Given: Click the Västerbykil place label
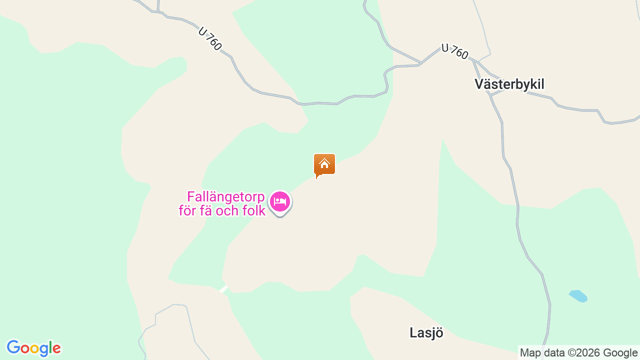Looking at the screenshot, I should [x=509, y=84].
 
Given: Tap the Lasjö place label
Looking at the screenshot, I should [x=426, y=333].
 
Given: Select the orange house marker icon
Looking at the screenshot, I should [x=324, y=164].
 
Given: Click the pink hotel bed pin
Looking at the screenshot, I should [x=280, y=202].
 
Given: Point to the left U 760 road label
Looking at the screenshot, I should [x=210, y=38].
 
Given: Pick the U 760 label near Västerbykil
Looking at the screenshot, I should [x=455, y=51].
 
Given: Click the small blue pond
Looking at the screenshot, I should [x=578, y=295].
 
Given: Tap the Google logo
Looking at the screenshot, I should [x=33, y=348].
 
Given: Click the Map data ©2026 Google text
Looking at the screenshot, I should [x=578, y=352].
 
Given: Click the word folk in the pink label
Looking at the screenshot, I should [x=253, y=210].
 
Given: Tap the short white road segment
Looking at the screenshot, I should [x=223, y=289].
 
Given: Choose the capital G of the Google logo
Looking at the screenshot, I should [x=13, y=347].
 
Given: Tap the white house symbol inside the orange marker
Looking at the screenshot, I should [x=324, y=163].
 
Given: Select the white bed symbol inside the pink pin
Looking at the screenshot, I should [x=280, y=201].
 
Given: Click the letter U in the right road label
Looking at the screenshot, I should [x=445, y=47].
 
